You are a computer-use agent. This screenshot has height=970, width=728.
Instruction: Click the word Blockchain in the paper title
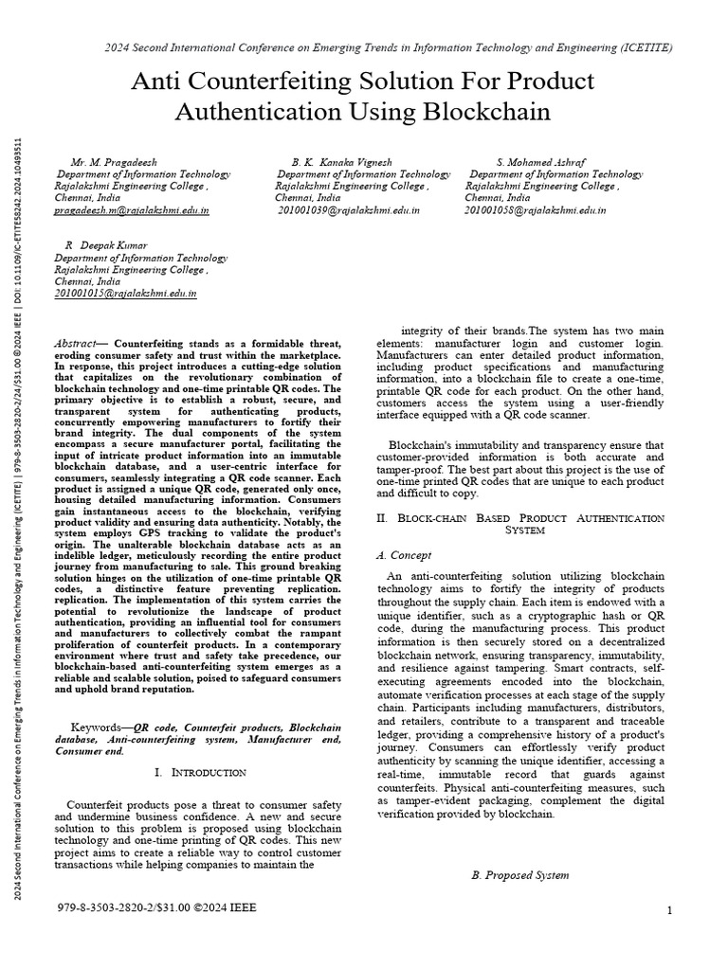click(x=488, y=112)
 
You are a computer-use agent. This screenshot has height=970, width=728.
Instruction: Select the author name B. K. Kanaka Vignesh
click(x=341, y=162)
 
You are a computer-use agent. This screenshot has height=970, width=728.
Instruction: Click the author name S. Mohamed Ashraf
click(x=540, y=162)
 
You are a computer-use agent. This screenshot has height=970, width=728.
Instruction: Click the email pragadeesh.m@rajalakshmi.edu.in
click(x=125, y=210)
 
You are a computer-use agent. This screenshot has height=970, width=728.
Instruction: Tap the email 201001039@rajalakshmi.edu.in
click(x=348, y=210)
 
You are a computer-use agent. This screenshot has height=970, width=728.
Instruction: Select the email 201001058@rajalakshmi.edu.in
click(x=536, y=210)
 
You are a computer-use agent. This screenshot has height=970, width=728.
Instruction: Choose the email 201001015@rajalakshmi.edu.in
click(x=125, y=294)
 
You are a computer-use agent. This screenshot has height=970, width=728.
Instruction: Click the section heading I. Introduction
click(x=200, y=773)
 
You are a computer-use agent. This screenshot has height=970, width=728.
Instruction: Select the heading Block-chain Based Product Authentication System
click(x=520, y=525)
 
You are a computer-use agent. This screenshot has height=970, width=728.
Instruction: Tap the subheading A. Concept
click(x=404, y=555)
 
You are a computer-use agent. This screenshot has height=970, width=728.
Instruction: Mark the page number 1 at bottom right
click(x=669, y=911)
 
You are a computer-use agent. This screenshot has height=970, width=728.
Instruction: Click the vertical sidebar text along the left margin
click(x=19, y=530)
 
